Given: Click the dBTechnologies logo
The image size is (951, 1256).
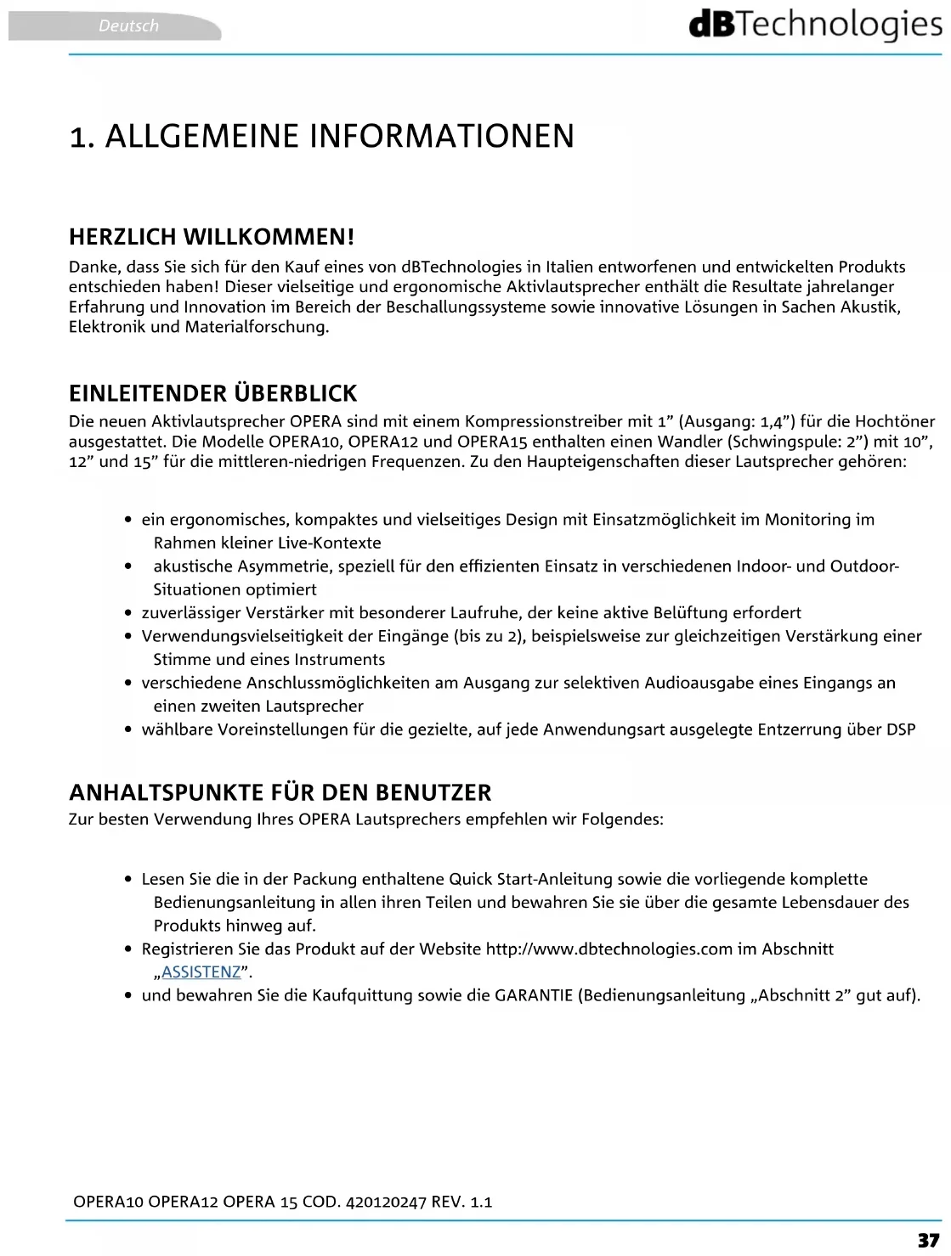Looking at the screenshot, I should pyautogui.click(x=816, y=25).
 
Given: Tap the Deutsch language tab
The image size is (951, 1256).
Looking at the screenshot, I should pyautogui.click(x=128, y=26).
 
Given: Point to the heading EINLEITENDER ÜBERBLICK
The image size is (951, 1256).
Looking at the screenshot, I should pyautogui.click(x=212, y=393).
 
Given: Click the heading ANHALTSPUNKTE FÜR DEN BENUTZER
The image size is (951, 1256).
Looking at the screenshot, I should pyautogui.click(x=280, y=792).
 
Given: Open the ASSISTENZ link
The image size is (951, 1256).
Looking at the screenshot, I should pyautogui.click(x=201, y=972).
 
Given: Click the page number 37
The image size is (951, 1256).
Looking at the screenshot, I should pyautogui.click(x=928, y=1240).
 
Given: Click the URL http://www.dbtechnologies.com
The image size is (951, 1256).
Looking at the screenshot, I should pyautogui.click(x=609, y=949).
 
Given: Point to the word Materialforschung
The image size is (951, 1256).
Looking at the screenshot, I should pyautogui.click(x=257, y=327).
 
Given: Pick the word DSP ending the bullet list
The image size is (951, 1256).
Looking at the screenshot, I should pyautogui.click(x=901, y=729).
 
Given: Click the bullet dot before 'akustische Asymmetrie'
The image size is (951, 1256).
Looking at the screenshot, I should pyautogui.click(x=127, y=566).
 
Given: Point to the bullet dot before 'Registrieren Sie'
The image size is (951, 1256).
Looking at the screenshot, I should pyautogui.click(x=127, y=949).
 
